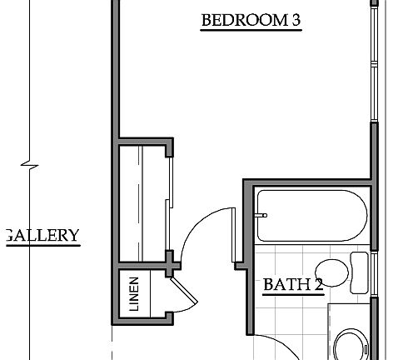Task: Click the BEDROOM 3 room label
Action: pos(250,21)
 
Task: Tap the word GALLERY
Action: pos(42,236)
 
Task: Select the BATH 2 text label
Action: pos(292,285)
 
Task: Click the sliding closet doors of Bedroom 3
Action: pos(170,200)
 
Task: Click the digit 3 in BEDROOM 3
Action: pos(295,21)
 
